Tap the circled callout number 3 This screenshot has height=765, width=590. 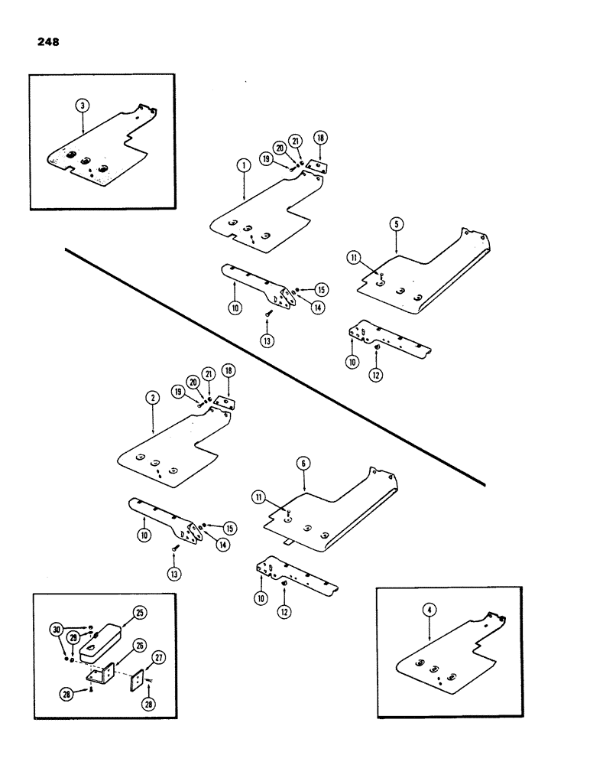(82, 107)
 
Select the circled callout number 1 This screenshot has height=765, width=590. (242, 164)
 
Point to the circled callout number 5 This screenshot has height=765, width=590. (396, 223)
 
